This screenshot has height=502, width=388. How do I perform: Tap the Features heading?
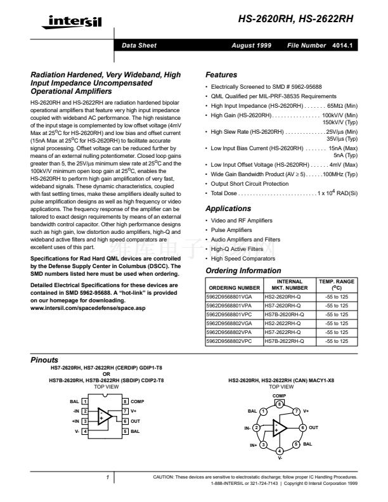click(222, 75)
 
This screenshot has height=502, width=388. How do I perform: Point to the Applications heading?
click(229, 209)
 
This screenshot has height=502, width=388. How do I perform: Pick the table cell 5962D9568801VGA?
click(229, 297)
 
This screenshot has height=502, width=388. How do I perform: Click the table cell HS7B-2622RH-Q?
click(284, 341)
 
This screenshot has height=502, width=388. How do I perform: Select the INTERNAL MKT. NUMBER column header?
click(285, 285)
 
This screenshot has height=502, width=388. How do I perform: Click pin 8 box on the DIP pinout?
click(125, 402)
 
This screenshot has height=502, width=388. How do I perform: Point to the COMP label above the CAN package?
click(280, 395)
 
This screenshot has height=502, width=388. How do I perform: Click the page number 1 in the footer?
click(108, 477)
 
